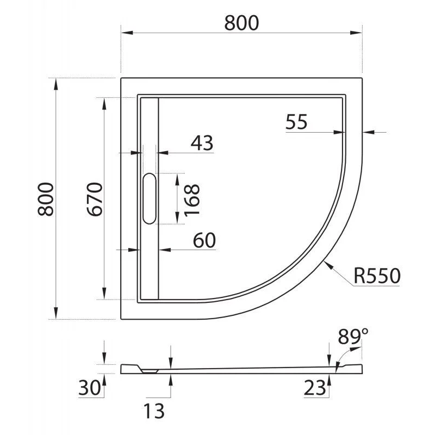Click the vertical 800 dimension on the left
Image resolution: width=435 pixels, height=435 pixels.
46,199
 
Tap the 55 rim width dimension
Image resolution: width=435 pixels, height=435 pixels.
296,122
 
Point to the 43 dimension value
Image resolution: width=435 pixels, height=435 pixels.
202,143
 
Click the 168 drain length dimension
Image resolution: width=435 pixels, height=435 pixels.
192,199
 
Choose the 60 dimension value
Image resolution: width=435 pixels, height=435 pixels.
204,240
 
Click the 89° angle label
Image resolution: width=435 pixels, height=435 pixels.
349,337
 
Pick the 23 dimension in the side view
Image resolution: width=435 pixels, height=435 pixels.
315,388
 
